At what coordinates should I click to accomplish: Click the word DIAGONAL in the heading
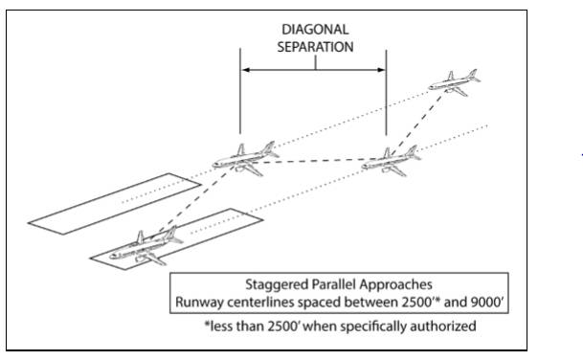pyautogui.click(x=313, y=30)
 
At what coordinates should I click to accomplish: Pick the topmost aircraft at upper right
pyautogui.click(x=453, y=83)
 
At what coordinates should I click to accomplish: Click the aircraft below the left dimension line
pyautogui.click(x=240, y=157)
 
